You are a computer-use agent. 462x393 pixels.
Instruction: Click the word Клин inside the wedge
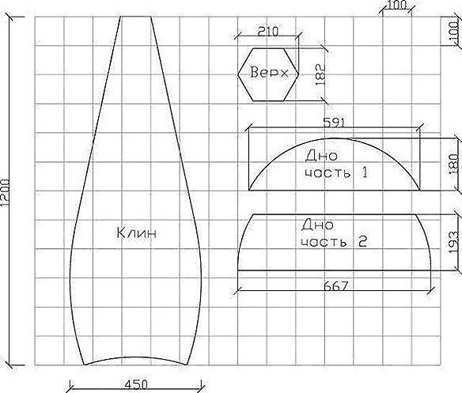tap(136, 233)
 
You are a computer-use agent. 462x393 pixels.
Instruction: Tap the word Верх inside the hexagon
tap(269, 72)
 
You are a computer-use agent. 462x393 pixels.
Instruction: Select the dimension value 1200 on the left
tap(5, 192)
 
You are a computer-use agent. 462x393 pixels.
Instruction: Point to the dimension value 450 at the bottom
tap(136, 385)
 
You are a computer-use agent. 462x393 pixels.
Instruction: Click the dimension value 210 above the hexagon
tap(268, 32)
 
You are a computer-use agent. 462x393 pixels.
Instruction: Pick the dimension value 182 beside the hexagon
tap(320, 74)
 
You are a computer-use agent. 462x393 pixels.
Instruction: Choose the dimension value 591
tap(334, 123)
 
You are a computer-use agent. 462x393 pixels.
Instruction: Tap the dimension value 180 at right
tap(454, 164)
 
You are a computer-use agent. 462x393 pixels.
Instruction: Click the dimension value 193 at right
tap(454, 242)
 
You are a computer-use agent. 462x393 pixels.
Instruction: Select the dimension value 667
tap(336, 286)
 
